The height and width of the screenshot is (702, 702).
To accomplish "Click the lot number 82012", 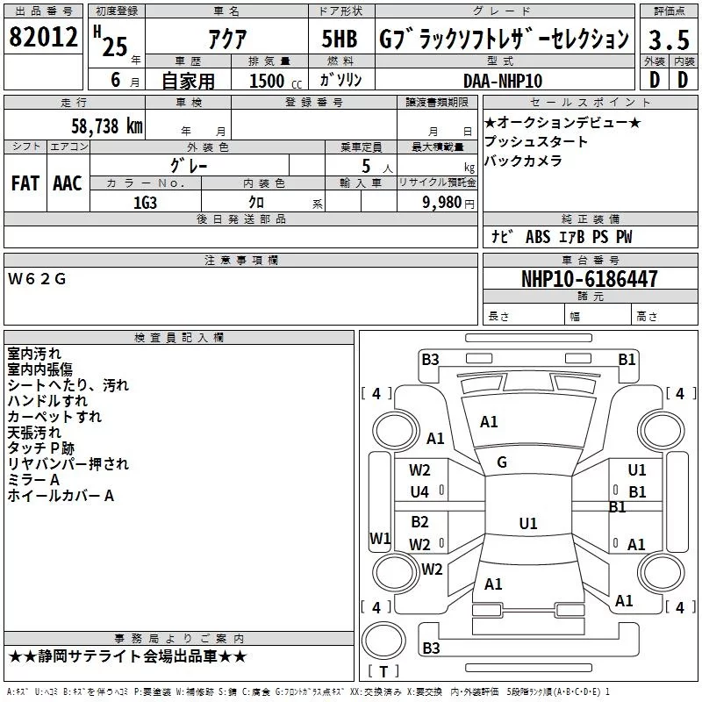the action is coord(43,37).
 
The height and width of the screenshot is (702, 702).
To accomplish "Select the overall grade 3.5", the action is coord(669,39).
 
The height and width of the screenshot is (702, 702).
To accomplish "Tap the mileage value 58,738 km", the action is coord(107,126).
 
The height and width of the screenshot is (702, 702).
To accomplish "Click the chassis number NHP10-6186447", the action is coord(590,279).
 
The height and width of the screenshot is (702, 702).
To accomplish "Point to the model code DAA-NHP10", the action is coord(503,81).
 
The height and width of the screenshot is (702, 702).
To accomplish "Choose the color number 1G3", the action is coord(145,203).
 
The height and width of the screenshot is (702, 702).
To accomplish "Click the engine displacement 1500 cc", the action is coord(276,81).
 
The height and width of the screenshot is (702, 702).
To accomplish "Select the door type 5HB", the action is coord(340,39).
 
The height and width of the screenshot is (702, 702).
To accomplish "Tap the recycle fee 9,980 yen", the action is coord(448,203).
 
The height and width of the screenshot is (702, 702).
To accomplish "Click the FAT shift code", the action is coord(25,183).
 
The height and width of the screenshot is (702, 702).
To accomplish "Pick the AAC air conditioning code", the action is coord(68,183).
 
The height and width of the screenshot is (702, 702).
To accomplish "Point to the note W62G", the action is coord(37,279).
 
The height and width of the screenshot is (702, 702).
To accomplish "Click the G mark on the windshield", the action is coord(502,462).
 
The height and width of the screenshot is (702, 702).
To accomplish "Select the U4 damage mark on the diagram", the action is coord(419,492).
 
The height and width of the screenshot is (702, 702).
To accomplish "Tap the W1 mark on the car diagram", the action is coord(380,538).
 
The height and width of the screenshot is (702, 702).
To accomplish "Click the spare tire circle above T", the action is coord(383,641).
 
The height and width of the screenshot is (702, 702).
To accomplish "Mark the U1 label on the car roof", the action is coord(528,523).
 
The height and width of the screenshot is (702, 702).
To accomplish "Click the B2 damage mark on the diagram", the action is coord(420,522).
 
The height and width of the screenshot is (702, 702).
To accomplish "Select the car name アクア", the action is coord(227,39).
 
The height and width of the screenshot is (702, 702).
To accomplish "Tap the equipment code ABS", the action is coord(538,237).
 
